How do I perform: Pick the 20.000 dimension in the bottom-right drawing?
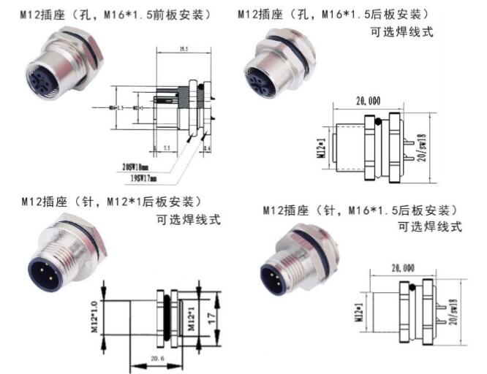pos(404,268)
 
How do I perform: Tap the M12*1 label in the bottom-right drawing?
pos(358,310)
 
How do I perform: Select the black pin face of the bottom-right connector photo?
pos(276,279)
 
